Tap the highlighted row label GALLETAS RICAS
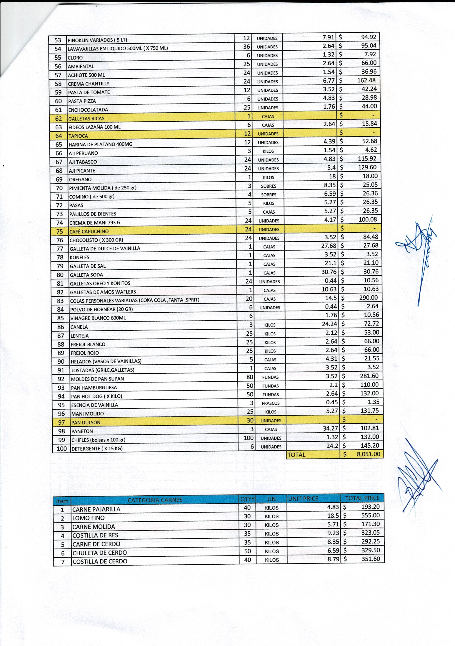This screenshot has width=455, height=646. point(86,118)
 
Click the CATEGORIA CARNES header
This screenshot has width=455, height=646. point(155,500)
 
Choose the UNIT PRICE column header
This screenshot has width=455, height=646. point(303,499)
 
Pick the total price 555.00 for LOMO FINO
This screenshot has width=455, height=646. point(370,515)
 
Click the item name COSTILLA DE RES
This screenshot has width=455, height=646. point(95,535)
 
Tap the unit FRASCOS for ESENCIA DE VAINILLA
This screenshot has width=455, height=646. point(271,403)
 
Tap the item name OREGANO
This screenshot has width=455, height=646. point(80,179)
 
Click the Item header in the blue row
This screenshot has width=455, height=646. point(62,501)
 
